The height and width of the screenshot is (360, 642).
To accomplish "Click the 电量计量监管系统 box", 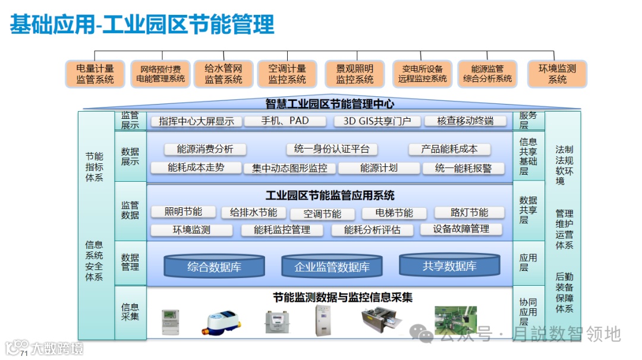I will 95,74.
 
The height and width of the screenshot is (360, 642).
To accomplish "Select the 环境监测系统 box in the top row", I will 557,74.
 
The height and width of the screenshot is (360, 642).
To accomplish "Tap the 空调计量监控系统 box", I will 287,74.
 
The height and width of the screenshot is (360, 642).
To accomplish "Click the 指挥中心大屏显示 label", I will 196,121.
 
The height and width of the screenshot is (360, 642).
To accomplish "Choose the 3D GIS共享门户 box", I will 373,121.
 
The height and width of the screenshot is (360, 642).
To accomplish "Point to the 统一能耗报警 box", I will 464,168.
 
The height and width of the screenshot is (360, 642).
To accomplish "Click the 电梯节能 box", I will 394,213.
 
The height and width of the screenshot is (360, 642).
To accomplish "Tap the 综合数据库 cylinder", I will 214,267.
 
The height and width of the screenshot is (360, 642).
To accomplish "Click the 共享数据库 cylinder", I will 449,266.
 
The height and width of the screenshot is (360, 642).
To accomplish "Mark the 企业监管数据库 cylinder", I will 332,267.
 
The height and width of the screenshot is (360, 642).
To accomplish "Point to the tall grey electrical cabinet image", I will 321,320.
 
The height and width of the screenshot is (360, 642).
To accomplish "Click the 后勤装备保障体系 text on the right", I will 564,292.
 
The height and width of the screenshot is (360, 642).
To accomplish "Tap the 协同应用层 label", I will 528,312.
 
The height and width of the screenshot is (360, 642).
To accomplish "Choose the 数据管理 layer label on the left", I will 130,262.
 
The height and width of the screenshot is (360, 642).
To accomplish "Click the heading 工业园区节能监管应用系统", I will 330,195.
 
